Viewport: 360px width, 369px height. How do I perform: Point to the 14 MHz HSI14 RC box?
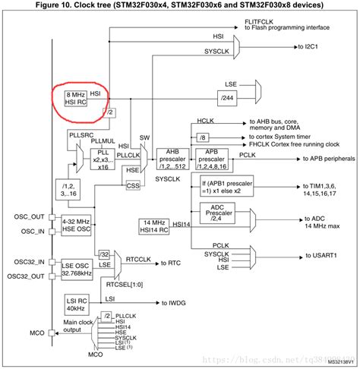pyautogui.click(x=156, y=225)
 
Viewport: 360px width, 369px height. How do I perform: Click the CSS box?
pyautogui.click(x=134, y=184)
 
